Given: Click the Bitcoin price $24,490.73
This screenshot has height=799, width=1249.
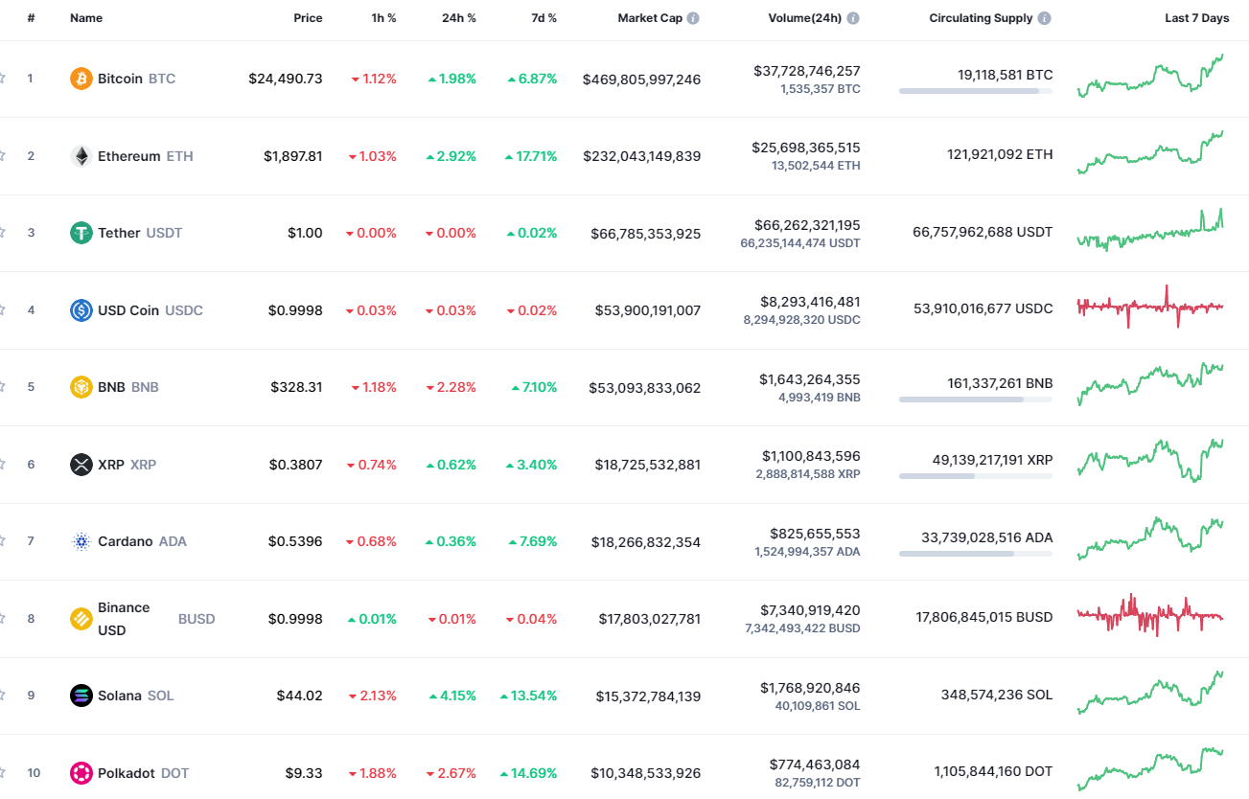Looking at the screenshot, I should tap(286, 79).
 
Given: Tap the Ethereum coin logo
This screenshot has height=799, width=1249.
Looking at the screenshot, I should tap(81, 156).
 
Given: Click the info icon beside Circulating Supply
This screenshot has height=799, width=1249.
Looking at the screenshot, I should tap(1045, 18).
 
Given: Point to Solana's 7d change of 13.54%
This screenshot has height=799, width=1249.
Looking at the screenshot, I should tap(528, 696).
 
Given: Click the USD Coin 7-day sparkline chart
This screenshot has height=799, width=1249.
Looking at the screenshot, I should tap(1150, 307).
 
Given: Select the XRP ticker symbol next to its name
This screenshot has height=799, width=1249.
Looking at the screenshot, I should tap(143, 465).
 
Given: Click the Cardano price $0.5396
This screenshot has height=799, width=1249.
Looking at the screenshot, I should tap(295, 541).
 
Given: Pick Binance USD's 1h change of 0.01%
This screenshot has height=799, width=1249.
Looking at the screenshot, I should tap(372, 619).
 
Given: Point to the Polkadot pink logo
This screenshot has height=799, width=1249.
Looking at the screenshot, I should tap(81, 773).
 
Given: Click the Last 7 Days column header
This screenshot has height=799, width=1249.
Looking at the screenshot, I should tap(1196, 18).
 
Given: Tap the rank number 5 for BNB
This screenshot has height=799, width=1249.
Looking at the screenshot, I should tap(31, 387).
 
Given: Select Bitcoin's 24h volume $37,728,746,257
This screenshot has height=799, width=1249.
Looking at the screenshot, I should tap(806, 71).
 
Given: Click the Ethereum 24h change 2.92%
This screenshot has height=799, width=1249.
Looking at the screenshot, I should tap(451, 156).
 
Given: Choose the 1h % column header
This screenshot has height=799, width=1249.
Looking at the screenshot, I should tap(383, 18).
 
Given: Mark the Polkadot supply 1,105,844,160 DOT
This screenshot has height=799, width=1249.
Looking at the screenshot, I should tap(993, 771).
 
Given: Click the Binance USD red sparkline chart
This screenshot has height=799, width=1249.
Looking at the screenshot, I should tap(1150, 616).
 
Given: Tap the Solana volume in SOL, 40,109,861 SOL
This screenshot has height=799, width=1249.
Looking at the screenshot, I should tap(818, 706).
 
